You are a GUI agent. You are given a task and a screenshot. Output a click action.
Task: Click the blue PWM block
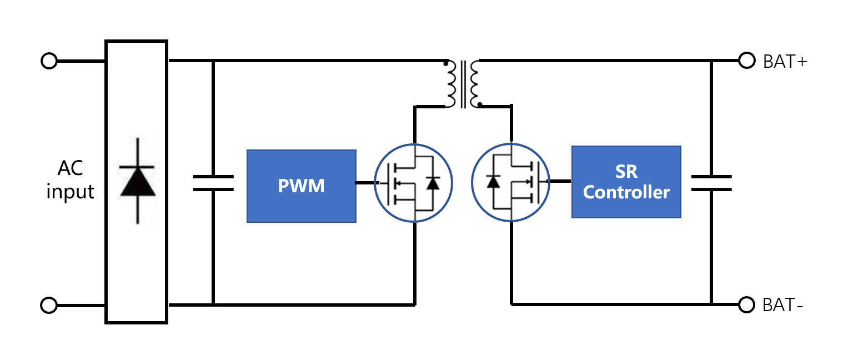(x=302, y=186)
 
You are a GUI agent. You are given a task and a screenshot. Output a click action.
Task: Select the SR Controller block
(x=626, y=182)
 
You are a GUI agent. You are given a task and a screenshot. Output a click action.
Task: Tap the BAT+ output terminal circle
(x=746, y=61)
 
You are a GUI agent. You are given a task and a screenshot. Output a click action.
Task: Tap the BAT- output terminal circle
(x=746, y=305)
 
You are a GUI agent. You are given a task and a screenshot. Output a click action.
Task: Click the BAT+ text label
(x=785, y=62)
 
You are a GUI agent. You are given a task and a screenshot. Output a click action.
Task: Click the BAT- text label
(x=782, y=305)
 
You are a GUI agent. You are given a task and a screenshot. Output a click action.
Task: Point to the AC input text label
(x=70, y=180)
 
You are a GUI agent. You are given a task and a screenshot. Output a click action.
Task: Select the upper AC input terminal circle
(x=49, y=61)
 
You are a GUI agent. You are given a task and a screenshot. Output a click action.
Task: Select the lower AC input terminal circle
(x=49, y=306)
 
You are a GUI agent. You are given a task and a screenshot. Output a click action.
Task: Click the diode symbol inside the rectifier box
(x=137, y=181)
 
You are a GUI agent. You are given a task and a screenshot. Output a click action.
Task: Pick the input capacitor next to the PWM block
(x=213, y=183)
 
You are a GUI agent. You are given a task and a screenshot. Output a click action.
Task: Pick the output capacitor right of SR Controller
(x=711, y=183)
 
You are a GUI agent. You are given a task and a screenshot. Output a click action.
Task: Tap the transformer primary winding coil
(x=450, y=84)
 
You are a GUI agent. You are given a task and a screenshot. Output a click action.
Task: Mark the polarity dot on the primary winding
(x=445, y=63)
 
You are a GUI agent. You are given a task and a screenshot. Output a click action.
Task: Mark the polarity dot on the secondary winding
(x=480, y=104)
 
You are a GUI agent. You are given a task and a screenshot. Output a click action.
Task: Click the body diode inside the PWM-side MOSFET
(x=433, y=183)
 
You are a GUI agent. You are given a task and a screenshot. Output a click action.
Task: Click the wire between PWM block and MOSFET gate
(x=365, y=183)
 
